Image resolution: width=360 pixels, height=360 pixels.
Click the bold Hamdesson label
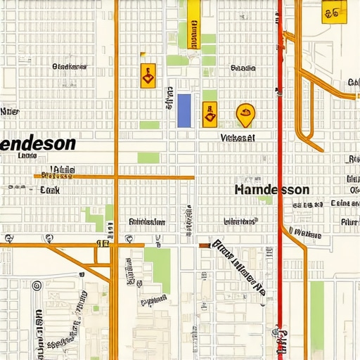(x=271, y=190)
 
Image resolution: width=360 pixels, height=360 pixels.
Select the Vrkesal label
(x=237, y=138)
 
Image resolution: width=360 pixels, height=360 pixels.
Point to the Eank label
(x=50, y=190)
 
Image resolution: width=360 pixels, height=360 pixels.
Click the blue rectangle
(x=184, y=110)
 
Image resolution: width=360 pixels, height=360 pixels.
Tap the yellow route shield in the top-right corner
(x=333, y=12)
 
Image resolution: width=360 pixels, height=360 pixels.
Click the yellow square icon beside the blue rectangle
(x=210, y=114)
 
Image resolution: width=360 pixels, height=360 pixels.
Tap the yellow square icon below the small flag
(x=148, y=75)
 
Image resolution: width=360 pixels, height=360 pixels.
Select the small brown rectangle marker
(x=205, y=245)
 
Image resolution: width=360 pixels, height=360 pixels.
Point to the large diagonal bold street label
(x=239, y=268)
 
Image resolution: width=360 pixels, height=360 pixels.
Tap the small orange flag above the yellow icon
(x=143, y=54)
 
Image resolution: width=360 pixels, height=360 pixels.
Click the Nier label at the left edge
(x=10, y=111)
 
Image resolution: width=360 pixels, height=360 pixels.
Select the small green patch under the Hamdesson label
(x=265, y=200)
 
